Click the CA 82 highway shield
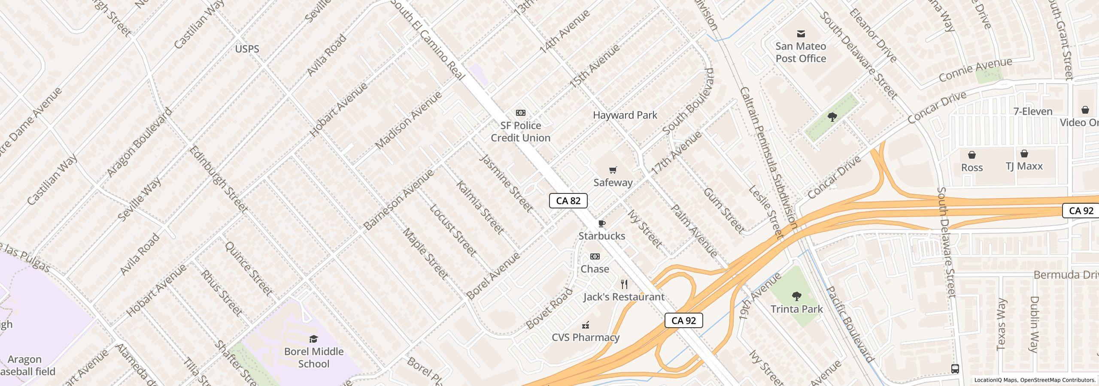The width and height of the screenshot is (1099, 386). point(568,201)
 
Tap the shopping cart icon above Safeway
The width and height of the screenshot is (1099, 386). point(613,170)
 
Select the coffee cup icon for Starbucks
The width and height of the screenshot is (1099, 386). point(602,223)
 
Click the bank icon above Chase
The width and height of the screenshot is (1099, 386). point(595,256)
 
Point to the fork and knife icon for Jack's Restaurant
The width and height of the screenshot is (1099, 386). point(625,284)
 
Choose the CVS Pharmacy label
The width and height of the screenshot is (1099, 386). point(586,338)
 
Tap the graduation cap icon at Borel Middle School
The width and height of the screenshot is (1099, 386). point(313,339)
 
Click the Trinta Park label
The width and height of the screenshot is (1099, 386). point(796,309)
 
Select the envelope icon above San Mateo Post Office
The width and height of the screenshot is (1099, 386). point(801,33)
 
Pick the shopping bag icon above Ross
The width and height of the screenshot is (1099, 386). point(972,155)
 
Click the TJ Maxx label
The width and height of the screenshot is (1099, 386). point(1024,166)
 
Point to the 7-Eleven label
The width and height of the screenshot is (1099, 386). point(1033,112)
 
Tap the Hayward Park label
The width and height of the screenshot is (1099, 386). point(625,115)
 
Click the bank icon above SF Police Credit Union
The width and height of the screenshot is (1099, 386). point(520,113)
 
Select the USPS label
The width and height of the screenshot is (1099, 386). point(247,49)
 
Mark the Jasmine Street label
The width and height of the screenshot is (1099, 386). point(506,183)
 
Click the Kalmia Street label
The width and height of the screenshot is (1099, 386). point(480,208)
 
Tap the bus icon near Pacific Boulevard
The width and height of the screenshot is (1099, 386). point(955,369)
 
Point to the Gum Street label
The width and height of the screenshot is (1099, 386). point(724,211)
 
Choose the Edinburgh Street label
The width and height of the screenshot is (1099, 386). point(218,179)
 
